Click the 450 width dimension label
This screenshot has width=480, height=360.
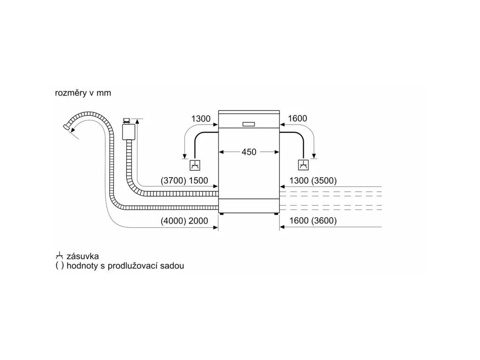249,152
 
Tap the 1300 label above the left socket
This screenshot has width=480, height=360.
201,119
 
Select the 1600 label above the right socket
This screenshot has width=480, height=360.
297,119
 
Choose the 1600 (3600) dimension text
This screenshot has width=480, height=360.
313,221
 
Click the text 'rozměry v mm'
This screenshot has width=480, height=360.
83,93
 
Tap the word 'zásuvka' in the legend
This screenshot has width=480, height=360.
82,256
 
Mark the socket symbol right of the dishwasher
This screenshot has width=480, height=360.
304,165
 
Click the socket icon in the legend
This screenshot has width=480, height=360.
59,256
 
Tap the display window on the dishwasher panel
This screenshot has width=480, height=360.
249,124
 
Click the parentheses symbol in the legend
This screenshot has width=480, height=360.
59,266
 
